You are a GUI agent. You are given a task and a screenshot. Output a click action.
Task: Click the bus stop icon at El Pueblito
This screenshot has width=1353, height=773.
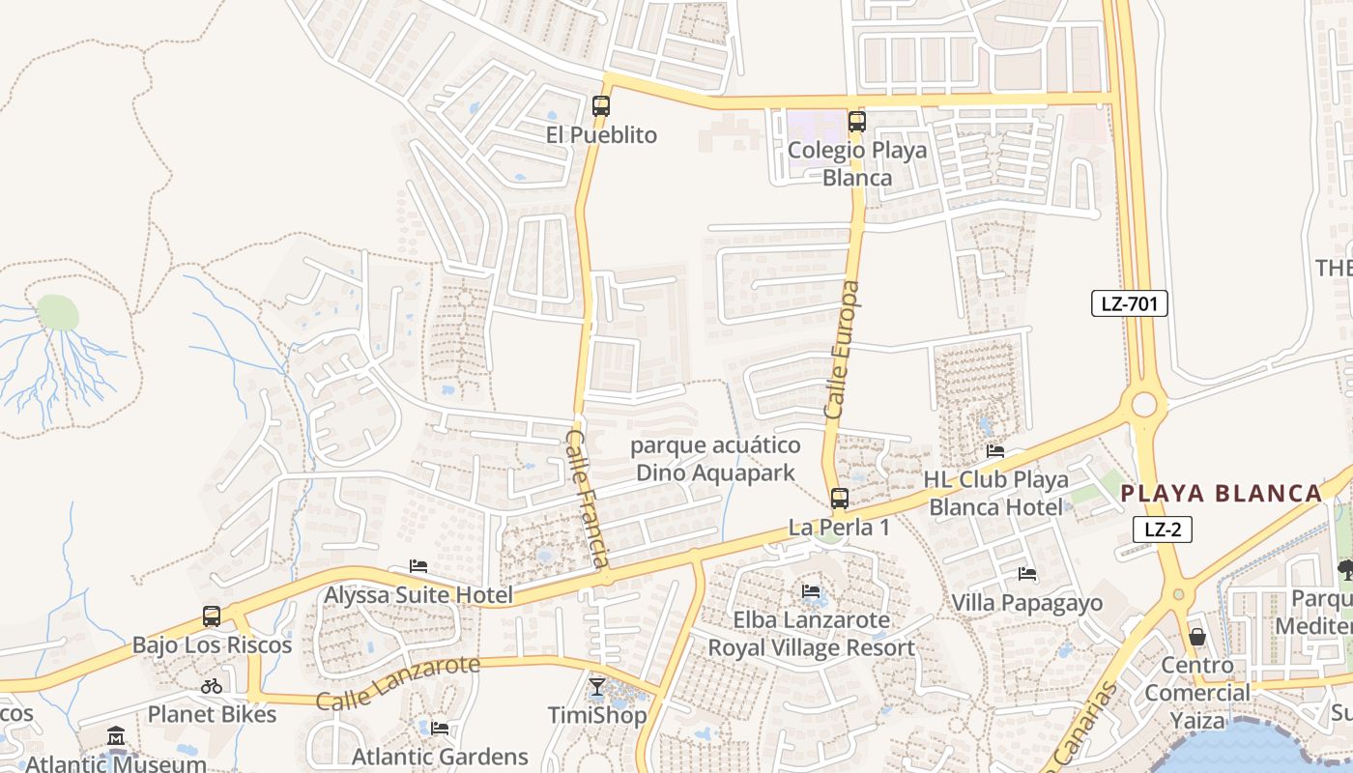601,106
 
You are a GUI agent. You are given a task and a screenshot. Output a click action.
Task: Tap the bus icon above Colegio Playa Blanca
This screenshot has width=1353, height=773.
857,122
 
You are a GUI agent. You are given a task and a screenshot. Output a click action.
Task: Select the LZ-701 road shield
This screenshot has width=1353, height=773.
1130,303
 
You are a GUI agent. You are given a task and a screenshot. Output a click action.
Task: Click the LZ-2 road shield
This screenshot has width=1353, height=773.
1163,529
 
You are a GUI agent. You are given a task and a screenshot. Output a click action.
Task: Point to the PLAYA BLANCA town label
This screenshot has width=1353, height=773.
1222,494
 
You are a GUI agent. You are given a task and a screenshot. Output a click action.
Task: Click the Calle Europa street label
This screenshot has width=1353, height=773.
842,350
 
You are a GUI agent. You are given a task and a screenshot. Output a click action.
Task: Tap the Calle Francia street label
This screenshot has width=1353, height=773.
588,499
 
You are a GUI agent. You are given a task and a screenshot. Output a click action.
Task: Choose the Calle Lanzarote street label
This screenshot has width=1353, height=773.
398,682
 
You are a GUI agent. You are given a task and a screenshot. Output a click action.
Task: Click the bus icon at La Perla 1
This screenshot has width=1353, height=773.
840,499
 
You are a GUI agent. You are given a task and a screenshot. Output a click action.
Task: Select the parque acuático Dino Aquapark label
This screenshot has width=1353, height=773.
716,459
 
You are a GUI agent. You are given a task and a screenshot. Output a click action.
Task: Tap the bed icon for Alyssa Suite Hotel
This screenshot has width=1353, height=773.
418,566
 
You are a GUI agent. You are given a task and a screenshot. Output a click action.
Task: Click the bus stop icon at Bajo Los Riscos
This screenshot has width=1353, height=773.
212,616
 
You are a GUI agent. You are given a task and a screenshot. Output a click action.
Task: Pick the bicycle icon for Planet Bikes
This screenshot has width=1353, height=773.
212,686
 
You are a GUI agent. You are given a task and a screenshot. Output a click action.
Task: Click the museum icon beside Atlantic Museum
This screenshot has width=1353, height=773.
117,736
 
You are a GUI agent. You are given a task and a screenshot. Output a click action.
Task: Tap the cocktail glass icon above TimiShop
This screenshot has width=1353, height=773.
597,687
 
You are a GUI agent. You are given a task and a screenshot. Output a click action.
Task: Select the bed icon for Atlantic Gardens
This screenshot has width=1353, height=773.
440,728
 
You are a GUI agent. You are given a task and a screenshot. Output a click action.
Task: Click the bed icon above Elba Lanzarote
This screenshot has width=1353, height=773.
811,591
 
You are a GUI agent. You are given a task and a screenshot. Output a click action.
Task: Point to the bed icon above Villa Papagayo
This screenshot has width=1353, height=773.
1027,574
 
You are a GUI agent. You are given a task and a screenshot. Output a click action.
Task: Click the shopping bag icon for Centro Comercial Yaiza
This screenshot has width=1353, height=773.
1197,637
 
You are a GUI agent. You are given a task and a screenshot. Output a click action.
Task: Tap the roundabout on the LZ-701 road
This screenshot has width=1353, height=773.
1144,403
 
